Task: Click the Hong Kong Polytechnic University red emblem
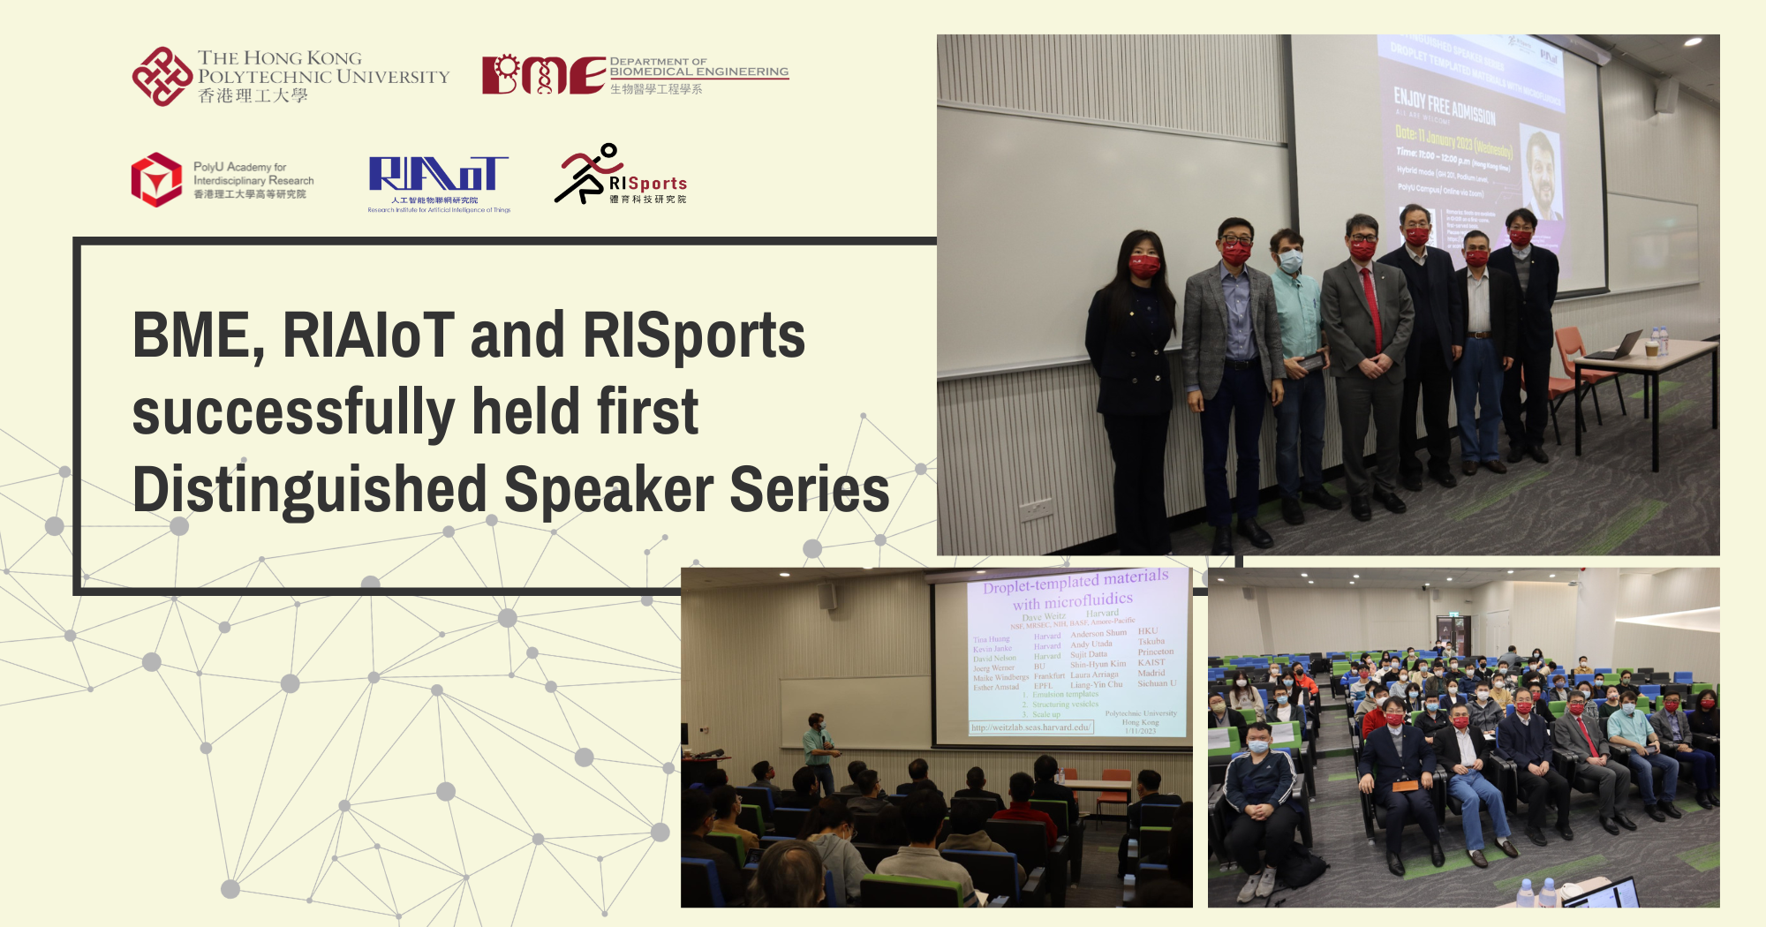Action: coord(162,77)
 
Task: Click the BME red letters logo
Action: coord(542,74)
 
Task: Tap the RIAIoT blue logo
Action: coord(438,174)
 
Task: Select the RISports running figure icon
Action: coord(585,174)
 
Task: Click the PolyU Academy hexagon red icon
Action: coord(156,179)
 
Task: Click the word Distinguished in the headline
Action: coord(309,491)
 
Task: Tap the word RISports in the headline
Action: coord(694,336)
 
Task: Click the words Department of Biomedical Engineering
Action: coord(698,67)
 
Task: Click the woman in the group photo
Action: coord(1134,371)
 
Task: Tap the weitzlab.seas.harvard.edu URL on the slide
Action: coord(1030,727)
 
